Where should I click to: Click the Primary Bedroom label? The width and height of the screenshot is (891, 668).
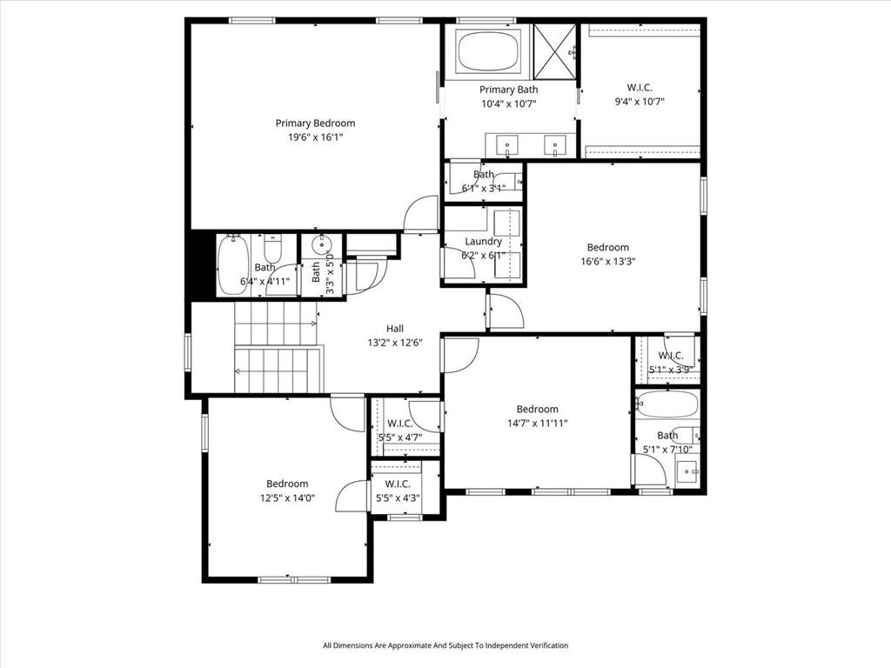pos(315,124)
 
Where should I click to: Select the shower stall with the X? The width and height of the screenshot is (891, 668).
pos(554,52)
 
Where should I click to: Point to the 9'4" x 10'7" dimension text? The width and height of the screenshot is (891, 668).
pos(640,102)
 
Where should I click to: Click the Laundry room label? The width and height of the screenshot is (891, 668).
pos(483,242)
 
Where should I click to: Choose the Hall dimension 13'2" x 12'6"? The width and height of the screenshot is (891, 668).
pos(395,343)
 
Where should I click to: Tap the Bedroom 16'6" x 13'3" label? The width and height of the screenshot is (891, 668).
pos(607,247)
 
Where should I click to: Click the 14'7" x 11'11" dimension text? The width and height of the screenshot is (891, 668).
pos(537,424)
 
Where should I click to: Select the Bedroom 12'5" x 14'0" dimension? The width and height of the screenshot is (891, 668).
pos(287,498)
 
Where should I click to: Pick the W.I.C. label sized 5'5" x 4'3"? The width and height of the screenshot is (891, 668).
pos(397,484)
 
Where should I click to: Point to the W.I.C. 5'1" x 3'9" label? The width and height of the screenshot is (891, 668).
pos(670,356)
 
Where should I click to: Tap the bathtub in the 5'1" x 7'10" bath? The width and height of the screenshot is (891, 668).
pos(667,404)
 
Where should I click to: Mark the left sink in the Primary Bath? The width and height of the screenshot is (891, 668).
pos(507,144)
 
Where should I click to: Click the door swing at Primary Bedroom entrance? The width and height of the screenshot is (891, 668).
pos(420,214)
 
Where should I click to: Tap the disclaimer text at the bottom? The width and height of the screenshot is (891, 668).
pos(445,645)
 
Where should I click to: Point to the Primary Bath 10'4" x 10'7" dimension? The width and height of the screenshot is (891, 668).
pos(509,104)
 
